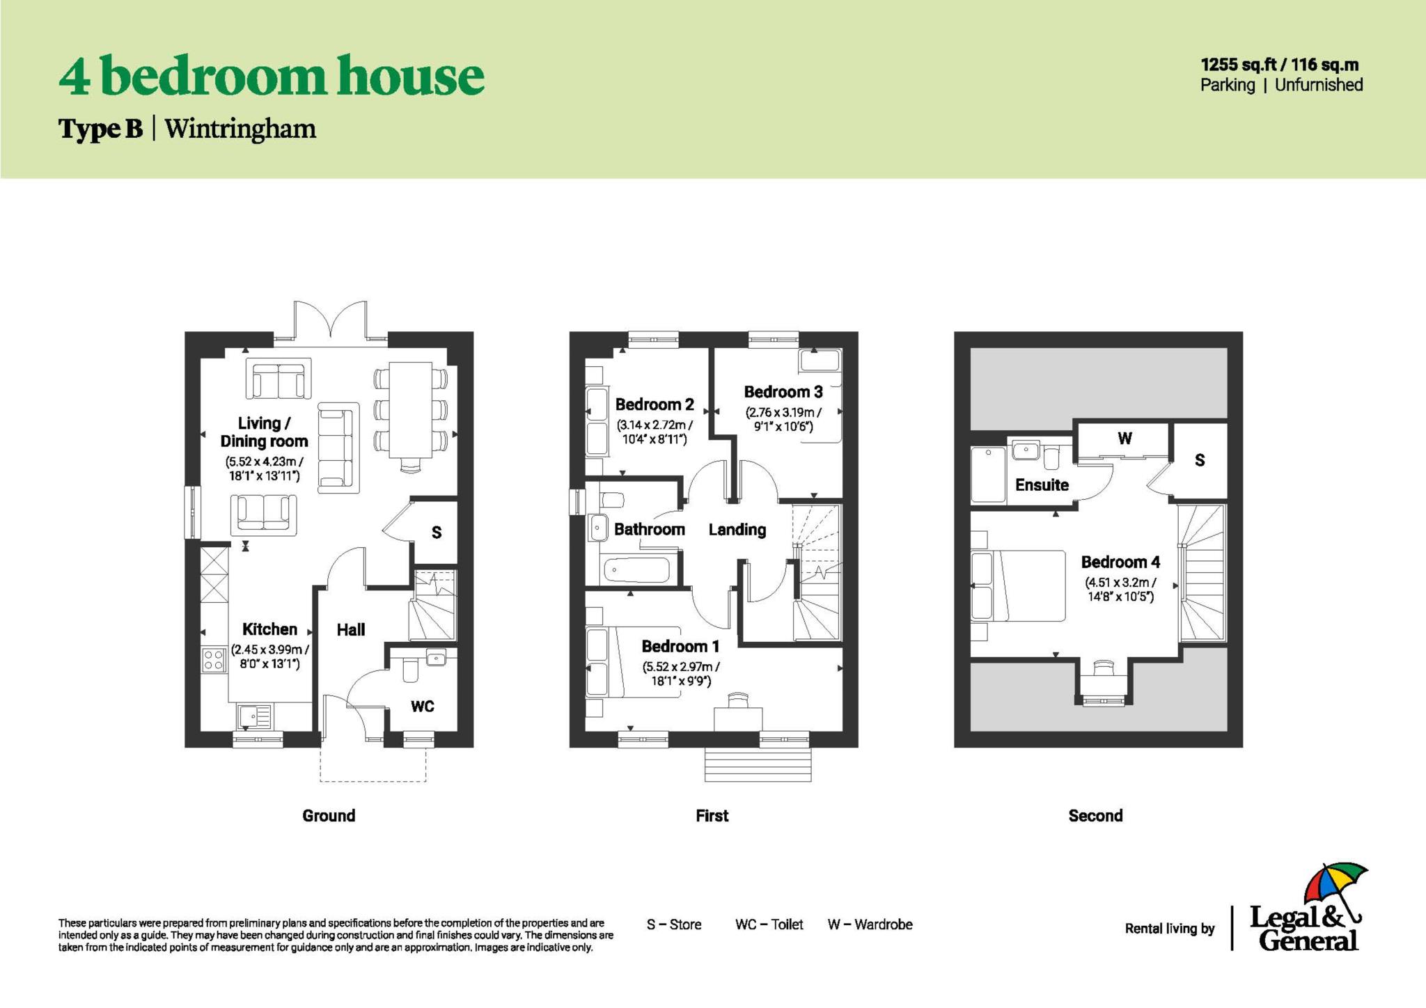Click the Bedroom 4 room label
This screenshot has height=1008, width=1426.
pyautogui.click(x=1120, y=562)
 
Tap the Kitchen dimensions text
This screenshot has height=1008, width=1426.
pyautogui.click(x=269, y=657)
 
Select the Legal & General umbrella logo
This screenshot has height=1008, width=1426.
pyautogui.click(x=1334, y=892)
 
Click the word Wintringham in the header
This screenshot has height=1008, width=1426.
pyautogui.click(x=240, y=129)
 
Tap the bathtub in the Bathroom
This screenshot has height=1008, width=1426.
pyautogui.click(x=637, y=571)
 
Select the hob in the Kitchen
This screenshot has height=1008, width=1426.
pyautogui.click(x=214, y=659)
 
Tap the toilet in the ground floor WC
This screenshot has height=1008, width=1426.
pyautogui.click(x=409, y=671)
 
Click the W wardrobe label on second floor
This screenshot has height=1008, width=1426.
pyautogui.click(x=1125, y=439)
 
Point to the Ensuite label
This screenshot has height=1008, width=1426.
pyautogui.click(x=1042, y=485)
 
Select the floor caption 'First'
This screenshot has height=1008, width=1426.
pyautogui.click(x=712, y=816)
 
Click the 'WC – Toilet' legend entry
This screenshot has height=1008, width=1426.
pyautogui.click(x=769, y=924)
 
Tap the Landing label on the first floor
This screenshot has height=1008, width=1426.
pyautogui.click(x=737, y=530)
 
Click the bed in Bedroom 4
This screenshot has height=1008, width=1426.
pyautogui.click(x=1020, y=585)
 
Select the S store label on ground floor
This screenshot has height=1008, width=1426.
pyautogui.click(x=437, y=533)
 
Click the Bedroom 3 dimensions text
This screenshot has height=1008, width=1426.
pyautogui.click(x=783, y=419)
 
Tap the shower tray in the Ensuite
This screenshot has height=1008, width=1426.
pyautogui.click(x=988, y=474)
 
